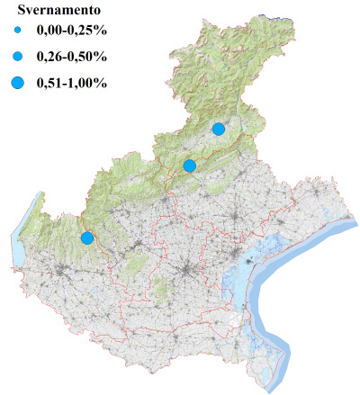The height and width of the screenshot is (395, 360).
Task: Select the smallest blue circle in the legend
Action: (19, 33)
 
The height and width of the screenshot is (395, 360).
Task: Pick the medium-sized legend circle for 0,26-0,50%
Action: (19, 57)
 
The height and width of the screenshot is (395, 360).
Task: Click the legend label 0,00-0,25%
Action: (70, 33)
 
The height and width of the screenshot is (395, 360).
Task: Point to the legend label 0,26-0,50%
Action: (70, 57)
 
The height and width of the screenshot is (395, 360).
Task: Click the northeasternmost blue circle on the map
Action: (218, 129)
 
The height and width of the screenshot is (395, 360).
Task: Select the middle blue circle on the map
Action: (189, 166)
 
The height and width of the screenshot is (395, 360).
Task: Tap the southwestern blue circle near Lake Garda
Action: (86, 238)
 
